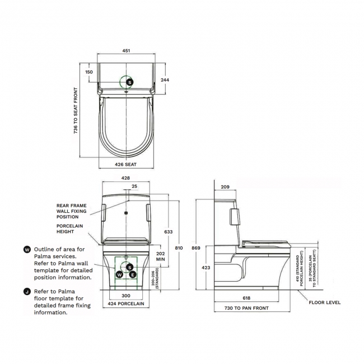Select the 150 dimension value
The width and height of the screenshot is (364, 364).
click(89, 72)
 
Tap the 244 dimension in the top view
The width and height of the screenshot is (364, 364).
click(165, 80)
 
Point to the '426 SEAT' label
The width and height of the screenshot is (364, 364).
click(126, 165)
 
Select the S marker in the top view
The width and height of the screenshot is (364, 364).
click(130, 82)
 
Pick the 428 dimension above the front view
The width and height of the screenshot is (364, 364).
click(126, 178)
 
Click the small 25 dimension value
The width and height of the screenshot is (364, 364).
click(134, 186)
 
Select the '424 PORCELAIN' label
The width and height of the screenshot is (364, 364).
click(126, 304)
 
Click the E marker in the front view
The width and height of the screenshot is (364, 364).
click(133, 274)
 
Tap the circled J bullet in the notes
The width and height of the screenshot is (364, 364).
click(27, 292)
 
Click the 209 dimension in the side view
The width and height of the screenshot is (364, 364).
click(225, 187)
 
